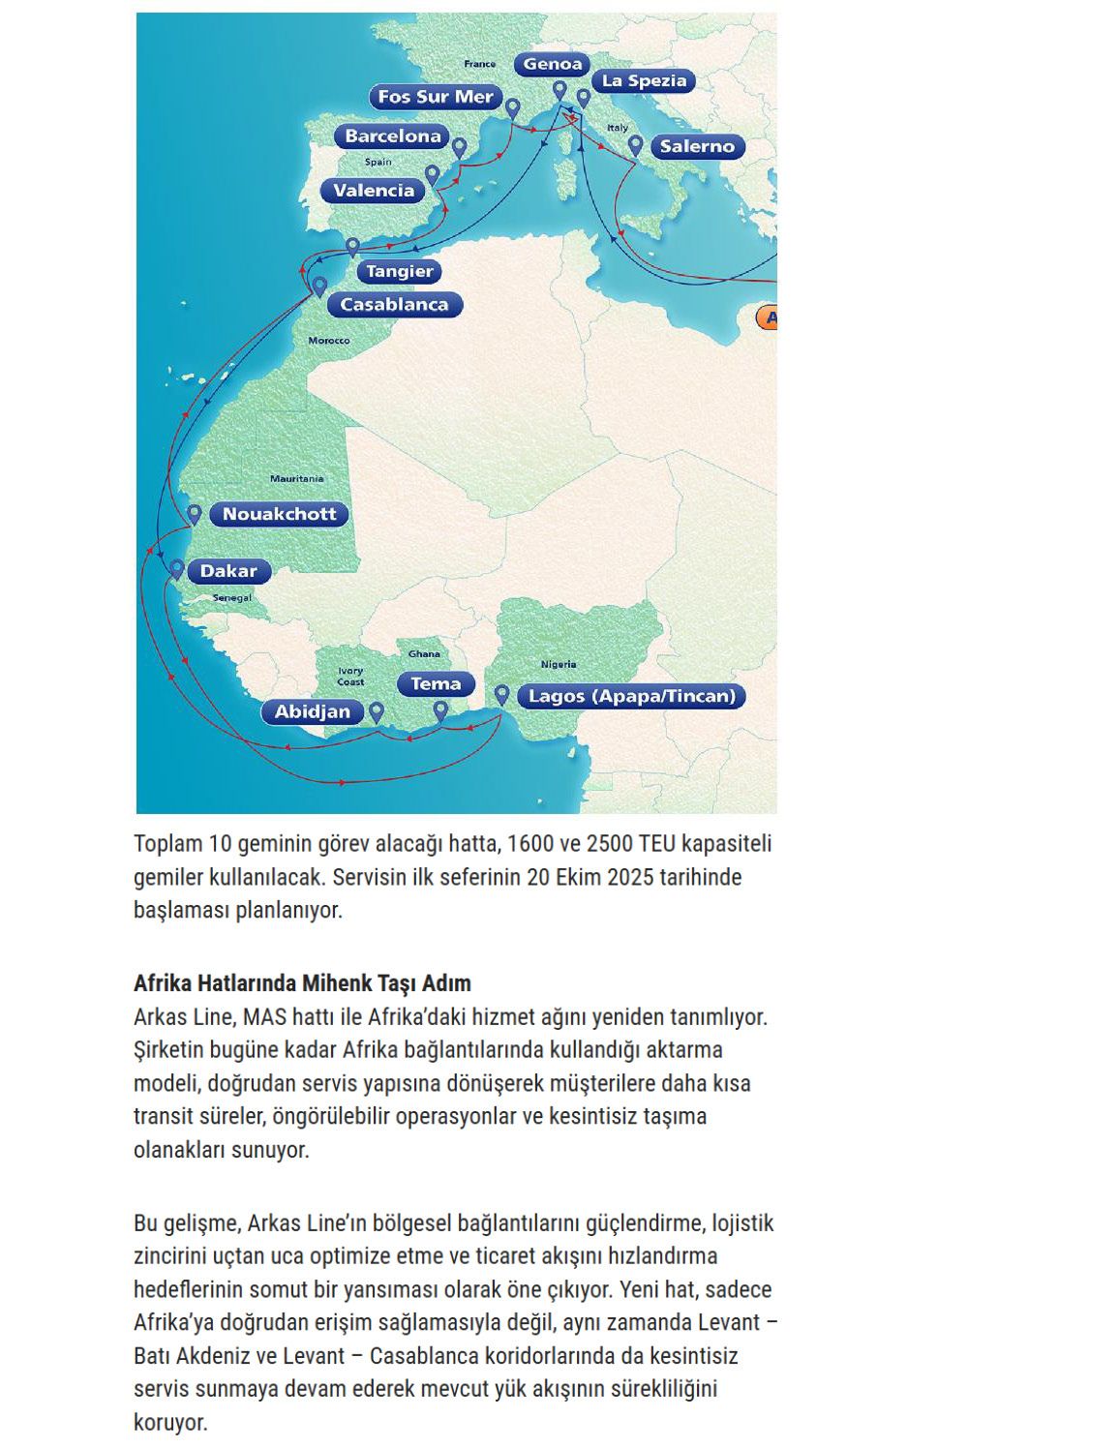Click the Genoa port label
[553, 65]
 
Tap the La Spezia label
[644, 81]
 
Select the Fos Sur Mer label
[436, 97]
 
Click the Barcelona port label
[393, 136]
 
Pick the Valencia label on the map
[374, 191]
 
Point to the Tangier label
[399, 272]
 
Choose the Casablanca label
[394, 305]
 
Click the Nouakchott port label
[279, 515]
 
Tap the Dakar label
[228, 571]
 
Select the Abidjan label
[312, 712]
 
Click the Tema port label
[436, 684]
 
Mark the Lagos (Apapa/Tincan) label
[632, 696]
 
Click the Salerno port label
[697, 147]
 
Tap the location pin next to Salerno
[635, 145]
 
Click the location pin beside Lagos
[501, 694]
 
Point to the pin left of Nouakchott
[194, 514]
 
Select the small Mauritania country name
[296, 478]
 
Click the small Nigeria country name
[559, 664]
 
